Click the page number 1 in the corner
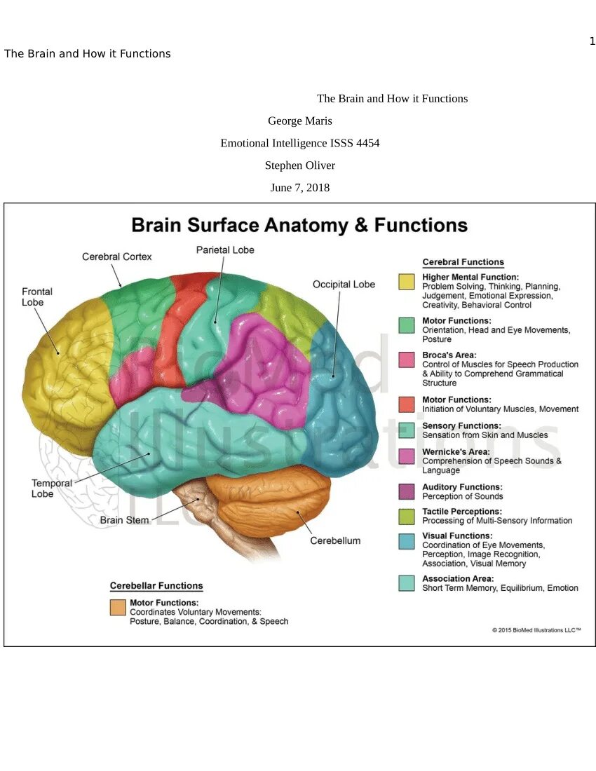tap(592, 41)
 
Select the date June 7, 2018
tap(300, 188)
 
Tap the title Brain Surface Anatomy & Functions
tap(299, 225)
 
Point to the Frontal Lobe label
tap(37, 296)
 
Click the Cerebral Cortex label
tap(117, 257)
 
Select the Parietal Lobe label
tap(225, 250)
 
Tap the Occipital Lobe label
tap(344, 284)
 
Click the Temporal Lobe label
tap(51, 488)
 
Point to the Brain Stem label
tap(124, 520)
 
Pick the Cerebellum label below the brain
tap(335, 540)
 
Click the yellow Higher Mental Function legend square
tap(407, 282)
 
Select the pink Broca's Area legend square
tap(407, 360)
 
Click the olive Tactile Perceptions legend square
tap(407, 516)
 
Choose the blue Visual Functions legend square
tap(407, 540)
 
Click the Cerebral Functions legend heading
tap(463, 262)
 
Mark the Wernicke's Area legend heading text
tap(456, 451)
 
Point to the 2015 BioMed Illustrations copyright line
tap(536, 630)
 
